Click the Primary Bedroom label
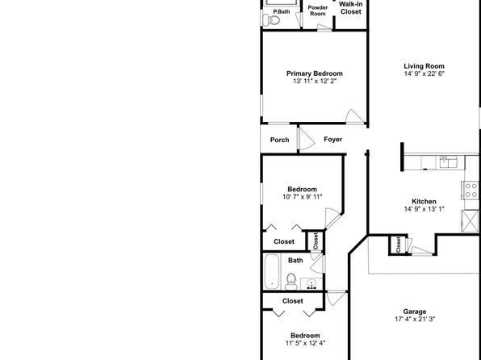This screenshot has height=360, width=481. (x=315, y=73)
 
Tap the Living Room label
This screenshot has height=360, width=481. (x=424, y=66)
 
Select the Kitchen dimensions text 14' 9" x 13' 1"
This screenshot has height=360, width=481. (x=424, y=209)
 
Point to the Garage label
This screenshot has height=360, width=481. (x=415, y=312)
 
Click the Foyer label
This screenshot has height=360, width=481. (x=333, y=140)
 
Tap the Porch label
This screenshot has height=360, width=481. (x=279, y=140)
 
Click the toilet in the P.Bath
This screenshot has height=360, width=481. (x=271, y=20)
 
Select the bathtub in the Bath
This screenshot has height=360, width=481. (x=272, y=272)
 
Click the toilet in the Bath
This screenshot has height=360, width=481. (x=291, y=282)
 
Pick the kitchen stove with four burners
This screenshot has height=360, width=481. (x=470, y=190)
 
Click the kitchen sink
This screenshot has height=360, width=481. (x=449, y=161)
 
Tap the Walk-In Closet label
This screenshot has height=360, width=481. (x=350, y=8)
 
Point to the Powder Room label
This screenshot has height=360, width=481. (x=318, y=10)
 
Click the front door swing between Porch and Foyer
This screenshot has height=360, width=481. (x=307, y=140)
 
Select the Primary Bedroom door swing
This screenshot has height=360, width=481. (x=355, y=116)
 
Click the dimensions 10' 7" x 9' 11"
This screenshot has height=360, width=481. (x=302, y=197)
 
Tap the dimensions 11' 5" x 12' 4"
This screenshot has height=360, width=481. (x=305, y=343)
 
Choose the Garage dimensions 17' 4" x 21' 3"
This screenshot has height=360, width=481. (x=415, y=319)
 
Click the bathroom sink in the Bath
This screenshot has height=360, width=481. (x=312, y=284)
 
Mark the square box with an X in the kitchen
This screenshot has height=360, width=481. (x=470, y=221)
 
